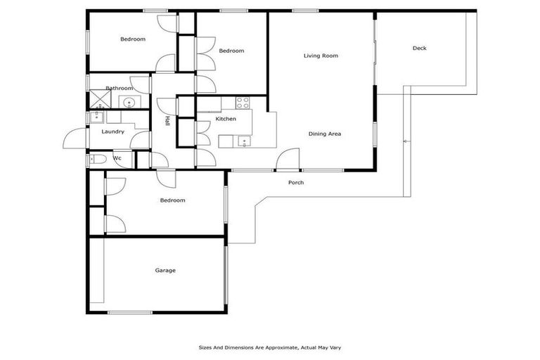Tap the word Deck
pos(419,49)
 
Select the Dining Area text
pos(324,133)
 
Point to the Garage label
pos(165,270)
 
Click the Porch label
pos(296,183)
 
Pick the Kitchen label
pos(226,120)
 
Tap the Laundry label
pos(112,131)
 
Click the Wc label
pos(117,158)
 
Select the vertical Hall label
pos(167,121)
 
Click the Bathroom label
pos(119,88)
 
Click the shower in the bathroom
pos(95,100)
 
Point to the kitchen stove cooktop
pos(243,101)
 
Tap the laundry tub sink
pos(96,117)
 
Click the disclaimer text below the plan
pos(269,347)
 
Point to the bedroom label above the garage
pos(172,200)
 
